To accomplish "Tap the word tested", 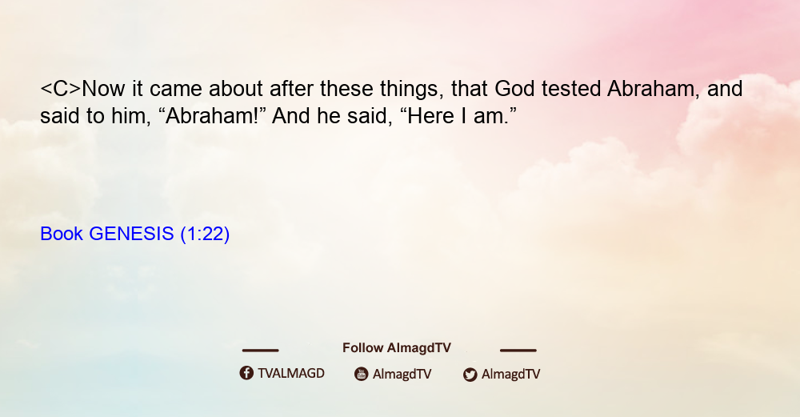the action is (x=571, y=89).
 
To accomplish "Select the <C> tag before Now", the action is (x=61, y=89).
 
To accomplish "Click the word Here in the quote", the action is (x=431, y=116).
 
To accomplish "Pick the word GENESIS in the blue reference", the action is (x=132, y=234).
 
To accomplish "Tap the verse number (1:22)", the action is (x=205, y=235).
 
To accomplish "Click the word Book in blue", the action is (x=62, y=234).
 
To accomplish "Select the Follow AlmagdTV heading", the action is (x=397, y=348).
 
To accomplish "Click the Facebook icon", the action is (x=246, y=373).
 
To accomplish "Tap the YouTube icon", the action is (x=362, y=374).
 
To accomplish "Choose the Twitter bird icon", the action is (x=470, y=375).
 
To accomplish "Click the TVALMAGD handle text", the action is (x=291, y=374).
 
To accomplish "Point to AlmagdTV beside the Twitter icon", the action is (x=510, y=374).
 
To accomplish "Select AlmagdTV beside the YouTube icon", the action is (x=402, y=374).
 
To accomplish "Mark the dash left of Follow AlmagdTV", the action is (x=260, y=351).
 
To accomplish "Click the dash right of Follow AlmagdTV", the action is (x=518, y=351).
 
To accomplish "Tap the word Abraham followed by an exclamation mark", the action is (x=212, y=116).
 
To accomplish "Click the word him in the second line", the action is (x=130, y=116).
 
